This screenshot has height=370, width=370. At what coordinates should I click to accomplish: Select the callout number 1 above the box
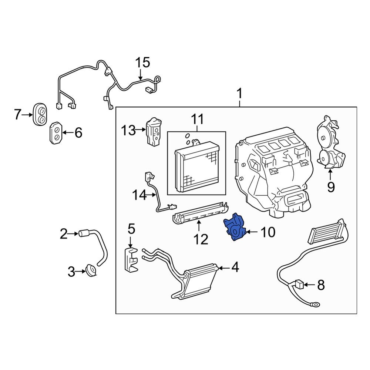tap(239, 93)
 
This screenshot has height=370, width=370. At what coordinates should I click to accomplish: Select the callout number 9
tap(330, 187)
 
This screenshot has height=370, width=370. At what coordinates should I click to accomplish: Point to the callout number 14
tap(140, 195)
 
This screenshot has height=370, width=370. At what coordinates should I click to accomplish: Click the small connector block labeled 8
tap(300, 285)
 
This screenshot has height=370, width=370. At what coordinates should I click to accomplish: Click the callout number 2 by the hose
tap(64, 234)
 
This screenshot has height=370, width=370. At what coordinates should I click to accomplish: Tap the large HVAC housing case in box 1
tap(274, 174)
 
